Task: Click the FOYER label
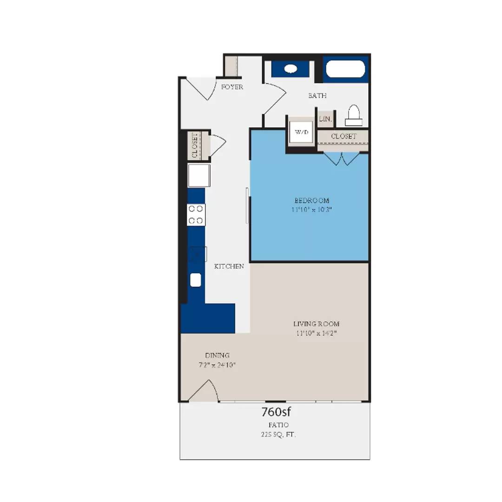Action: (232, 87)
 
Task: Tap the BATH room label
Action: (317, 96)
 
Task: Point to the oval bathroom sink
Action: (291, 69)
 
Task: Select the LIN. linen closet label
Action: (325, 119)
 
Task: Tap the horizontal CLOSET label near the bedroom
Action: (343, 136)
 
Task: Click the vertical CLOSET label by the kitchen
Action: (195, 145)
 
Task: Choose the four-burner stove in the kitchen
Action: (196, 215)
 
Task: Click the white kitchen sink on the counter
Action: (196, 280)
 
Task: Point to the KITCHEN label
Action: (229, 266)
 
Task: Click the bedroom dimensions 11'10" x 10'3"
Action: (311, 210)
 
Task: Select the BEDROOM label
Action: (311, 200)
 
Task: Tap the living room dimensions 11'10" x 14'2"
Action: (316, 333)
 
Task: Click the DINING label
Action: (217, 355)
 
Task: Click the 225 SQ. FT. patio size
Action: (278, 435)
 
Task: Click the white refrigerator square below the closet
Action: (198, 175)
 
